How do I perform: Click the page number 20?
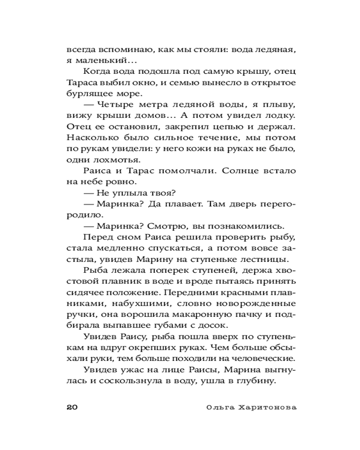(x=73, y=407)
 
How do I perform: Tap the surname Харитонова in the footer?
(x=267, y=407)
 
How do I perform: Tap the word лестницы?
(x=271, y=259)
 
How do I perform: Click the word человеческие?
(x=262, y=358)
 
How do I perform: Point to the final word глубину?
(x=255, y=381)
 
